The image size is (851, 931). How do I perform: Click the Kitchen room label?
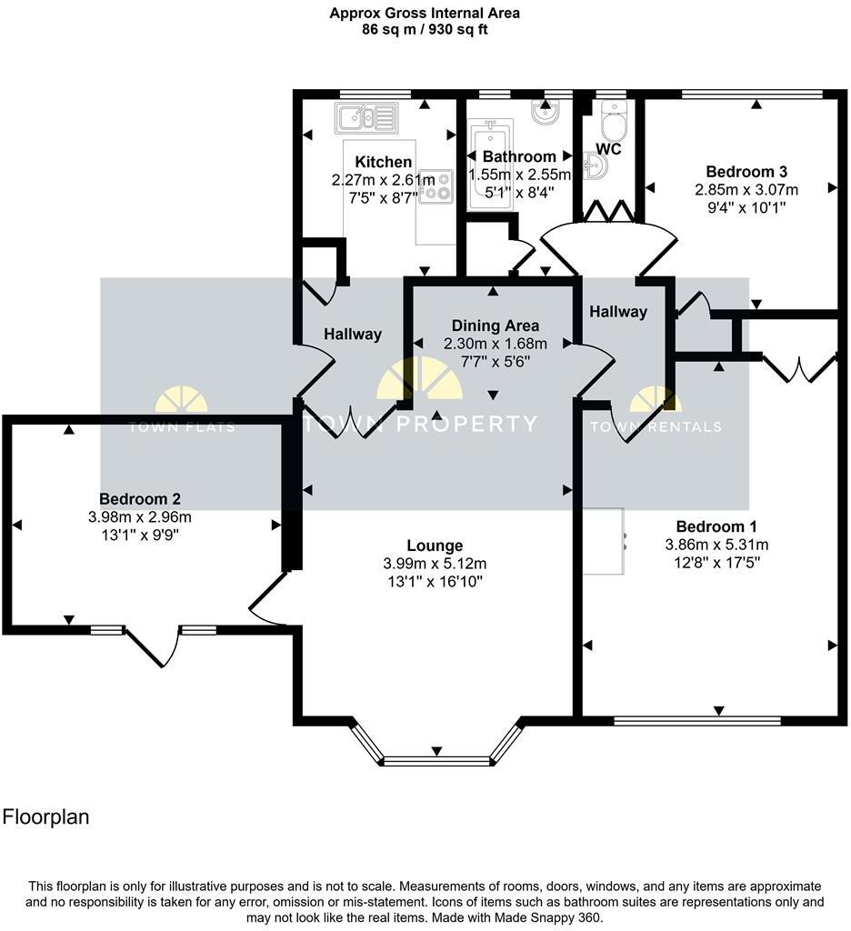[383, 162]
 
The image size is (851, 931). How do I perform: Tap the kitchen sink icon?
[366, 116]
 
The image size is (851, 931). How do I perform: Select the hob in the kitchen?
[436, 185]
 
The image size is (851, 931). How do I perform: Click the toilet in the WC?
[614, 117]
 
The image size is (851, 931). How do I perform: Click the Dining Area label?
[495, 325]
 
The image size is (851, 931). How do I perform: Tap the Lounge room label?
[435, 546]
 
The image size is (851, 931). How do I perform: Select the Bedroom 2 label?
[139, 498]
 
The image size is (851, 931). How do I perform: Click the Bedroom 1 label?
[716, 526]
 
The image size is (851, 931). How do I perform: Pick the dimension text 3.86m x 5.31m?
[716, 546]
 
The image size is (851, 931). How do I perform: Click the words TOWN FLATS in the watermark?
[181, 426]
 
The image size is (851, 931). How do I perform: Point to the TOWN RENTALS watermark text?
[656, 426]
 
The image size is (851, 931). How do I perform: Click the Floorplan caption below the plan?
[46, 816]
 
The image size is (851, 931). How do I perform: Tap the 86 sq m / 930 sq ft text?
[425, 29]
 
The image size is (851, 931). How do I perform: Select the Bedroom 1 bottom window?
[696, 720]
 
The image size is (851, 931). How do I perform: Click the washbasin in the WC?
[596, 165]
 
